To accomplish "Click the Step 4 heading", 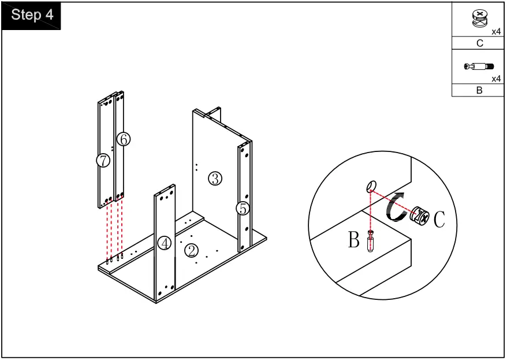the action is pos(32,14).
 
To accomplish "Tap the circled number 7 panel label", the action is pos(103,160).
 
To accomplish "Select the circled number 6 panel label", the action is pos(124,139).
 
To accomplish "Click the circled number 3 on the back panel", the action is pos(215,178).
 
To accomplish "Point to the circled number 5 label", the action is pos(243,209).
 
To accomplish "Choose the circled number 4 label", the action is pos(164,243).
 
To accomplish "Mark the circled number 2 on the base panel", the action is pos(191,251).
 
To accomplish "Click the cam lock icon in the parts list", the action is pos(480,18).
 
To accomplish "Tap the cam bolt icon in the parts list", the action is pos(479,66).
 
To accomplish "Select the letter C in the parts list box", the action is pos(480,43).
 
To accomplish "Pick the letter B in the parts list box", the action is pos(479,90).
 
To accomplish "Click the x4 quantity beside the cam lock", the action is pos(497,32).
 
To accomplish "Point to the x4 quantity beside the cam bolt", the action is pos(497,79).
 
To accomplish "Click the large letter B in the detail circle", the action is pos(354,239).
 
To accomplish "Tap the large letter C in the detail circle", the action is pos(439,219).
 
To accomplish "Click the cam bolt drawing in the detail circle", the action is pos(370,240).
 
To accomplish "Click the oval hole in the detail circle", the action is pos(371,186).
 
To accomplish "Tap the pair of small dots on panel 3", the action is pos(196,167).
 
